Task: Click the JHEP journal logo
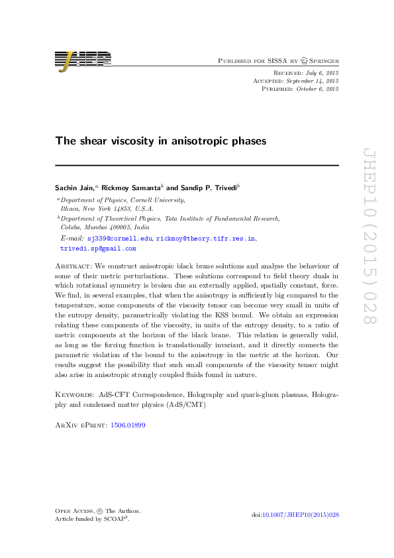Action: pos(81,60)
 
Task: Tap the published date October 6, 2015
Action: pos(319,88)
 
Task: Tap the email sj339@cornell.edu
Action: pos(119,238)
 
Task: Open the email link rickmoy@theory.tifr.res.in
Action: pos(206,238)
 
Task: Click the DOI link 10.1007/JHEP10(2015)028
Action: pos(301,515)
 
